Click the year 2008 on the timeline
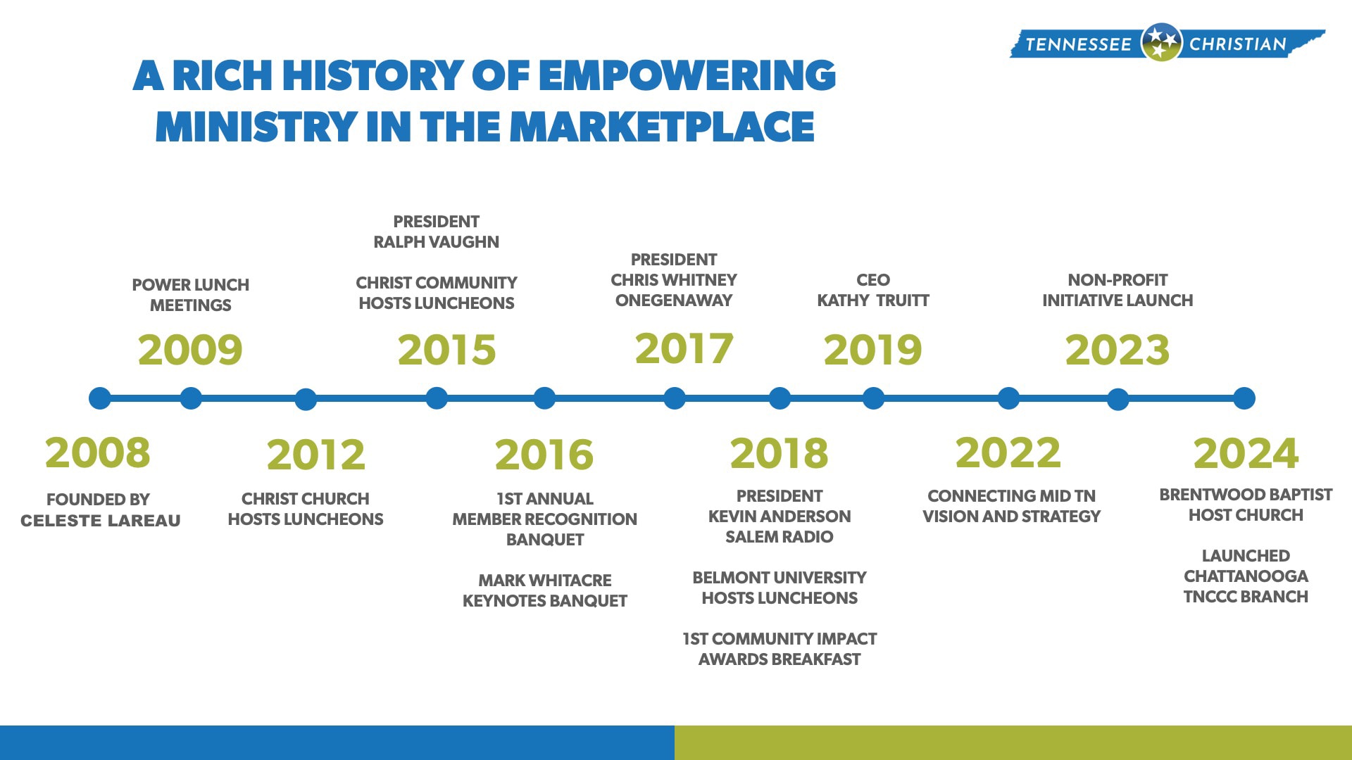[x=98, y=452]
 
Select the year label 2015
[x=446, y=350]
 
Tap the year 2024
[x=1246, y=453]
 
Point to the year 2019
[x=872, y=350]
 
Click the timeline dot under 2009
[x=191, y=398]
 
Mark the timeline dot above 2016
[x=544, y=398]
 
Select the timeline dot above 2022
[x=1008, y=398]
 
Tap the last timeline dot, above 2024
[x=1244, y=398]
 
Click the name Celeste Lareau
[x=101, y=521]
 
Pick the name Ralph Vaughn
[x=436, y=242]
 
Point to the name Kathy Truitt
[x=873, y=300]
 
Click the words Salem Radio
[x=780, y=537]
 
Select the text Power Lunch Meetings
[x=191, y=295]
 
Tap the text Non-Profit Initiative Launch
[x=1118, y=290]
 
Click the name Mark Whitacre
[x=545, y=581]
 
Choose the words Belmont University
[x=780, y=578]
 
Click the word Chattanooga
[x=1246, y=576]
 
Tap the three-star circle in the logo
[x=1160, y=42]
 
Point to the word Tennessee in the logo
[x=1078, y=44]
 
